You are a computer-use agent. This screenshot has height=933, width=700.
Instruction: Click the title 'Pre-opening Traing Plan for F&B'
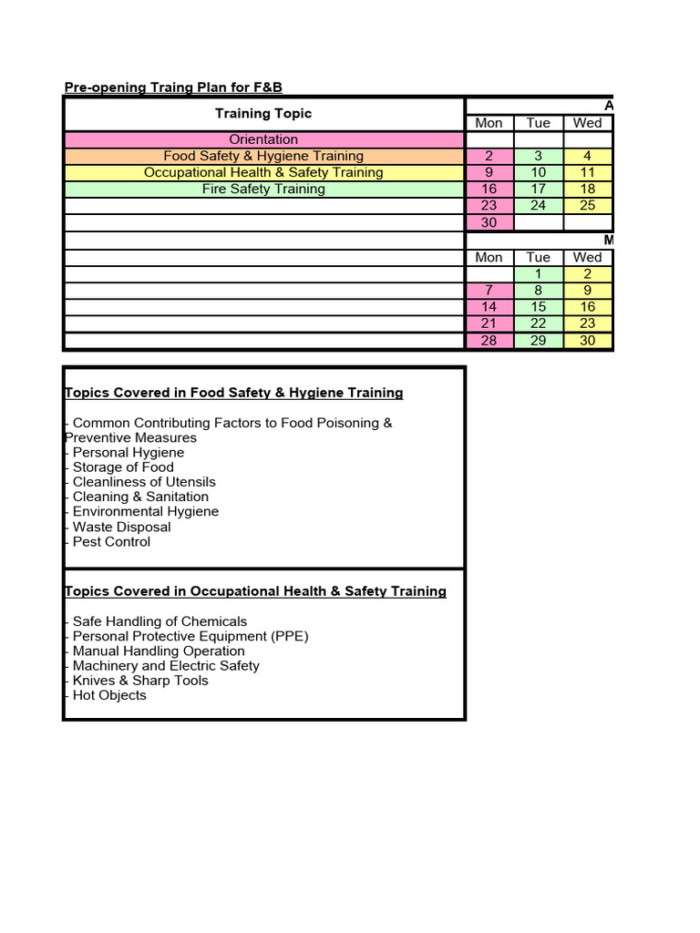173,87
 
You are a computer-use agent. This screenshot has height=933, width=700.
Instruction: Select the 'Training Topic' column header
263,113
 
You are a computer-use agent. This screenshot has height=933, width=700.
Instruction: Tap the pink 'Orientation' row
263,139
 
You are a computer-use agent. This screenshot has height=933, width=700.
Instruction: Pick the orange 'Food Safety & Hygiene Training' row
263,156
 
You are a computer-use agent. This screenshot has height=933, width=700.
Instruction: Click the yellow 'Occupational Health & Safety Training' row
263,172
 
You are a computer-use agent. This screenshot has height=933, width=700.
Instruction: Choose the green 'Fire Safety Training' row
263,189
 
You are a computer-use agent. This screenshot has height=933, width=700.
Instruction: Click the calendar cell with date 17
539,189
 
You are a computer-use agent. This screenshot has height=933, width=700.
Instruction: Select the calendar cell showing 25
588,205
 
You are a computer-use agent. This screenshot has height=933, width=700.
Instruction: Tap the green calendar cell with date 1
539,273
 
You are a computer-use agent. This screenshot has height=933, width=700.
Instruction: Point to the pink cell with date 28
489,340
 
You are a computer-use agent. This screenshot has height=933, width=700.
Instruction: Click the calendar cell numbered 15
539,307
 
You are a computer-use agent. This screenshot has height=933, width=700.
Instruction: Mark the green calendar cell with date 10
539,172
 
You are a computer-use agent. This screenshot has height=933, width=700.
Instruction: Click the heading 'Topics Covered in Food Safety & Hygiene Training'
234,393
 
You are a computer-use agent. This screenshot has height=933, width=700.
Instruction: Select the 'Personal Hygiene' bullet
128,452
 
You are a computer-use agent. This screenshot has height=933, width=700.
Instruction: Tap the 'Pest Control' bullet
111,541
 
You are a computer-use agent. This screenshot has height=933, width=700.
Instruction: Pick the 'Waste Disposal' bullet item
121,527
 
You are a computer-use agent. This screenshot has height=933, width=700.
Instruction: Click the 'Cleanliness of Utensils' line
144,482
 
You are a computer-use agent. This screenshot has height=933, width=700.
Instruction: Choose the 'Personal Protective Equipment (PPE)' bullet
190,636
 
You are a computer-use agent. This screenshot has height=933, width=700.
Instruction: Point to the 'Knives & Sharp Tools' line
140,681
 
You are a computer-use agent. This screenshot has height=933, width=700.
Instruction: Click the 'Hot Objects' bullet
109,695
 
